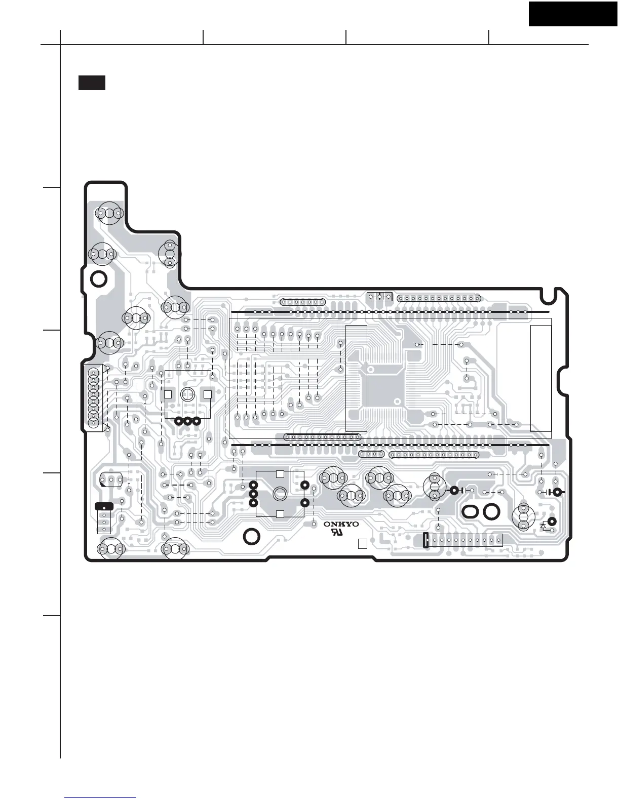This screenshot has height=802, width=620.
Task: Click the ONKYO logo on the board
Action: coord(341,525)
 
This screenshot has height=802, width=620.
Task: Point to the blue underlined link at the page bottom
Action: coord(101,798)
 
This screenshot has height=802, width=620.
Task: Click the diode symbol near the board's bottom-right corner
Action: coord(544,526)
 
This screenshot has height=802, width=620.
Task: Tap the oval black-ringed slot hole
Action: coord(470,511)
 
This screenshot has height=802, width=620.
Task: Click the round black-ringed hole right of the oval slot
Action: coord(491,511)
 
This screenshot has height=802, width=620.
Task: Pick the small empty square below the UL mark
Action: coord(362,544)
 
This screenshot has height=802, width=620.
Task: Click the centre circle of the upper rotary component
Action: coord(188,393)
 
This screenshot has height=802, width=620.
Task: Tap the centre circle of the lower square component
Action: coord(280,494)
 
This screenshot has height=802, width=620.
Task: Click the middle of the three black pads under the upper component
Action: coord(188,421)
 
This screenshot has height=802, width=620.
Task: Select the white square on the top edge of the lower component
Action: coord(280,474)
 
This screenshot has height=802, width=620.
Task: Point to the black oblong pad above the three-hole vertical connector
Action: coord(104,506)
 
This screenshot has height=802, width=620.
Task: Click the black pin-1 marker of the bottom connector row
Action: coord(426,540)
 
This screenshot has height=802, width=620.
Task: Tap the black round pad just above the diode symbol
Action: coord(552,521)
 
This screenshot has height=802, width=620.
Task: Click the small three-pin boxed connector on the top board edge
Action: coord(379,296)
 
